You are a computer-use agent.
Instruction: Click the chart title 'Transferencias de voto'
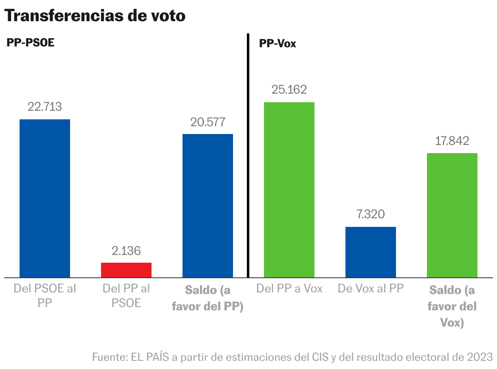(x=95, y=16)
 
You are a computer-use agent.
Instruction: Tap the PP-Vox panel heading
(x=277, y=44)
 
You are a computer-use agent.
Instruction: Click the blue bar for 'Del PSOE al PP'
(x=45, y=198)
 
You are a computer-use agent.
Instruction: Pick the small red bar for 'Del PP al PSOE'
(x=126, y=270)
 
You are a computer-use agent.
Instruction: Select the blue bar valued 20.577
(x=208, y=206)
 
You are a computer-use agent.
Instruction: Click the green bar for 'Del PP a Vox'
(x=289, y=190)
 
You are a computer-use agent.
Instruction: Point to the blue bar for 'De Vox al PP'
(x=371, y=252)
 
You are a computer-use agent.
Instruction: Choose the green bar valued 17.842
(x=452, y=215)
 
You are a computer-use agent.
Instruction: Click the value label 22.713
(x=45, y=107)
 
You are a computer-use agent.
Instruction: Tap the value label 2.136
(x=126, y=250)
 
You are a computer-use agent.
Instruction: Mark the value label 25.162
(x=289, y=90)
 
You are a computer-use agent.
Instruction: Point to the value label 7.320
(x=371, y=214)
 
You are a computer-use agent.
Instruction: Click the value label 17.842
(x=452, y=141)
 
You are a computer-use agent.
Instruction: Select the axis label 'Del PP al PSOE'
(x=126, y=296)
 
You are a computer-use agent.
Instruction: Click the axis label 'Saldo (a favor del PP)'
(x=208, y=298)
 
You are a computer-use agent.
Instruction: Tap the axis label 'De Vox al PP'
(x=371, y=289)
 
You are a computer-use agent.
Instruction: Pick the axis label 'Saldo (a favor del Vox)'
(x=452, y=306)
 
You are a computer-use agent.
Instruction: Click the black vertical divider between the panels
(x=248, y=155)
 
